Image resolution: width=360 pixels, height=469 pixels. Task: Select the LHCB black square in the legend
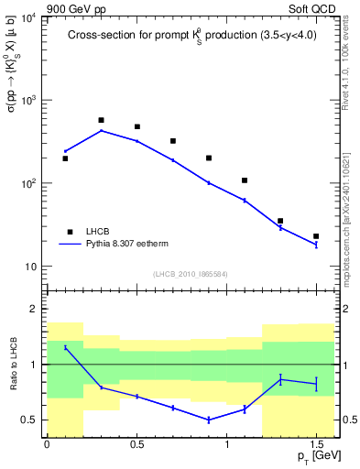(68, 232)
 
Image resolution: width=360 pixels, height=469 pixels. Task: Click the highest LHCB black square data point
(101, 120)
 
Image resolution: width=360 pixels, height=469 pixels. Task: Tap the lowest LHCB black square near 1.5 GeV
(316, 236)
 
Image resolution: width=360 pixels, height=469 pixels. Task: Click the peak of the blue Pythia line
(101, 130)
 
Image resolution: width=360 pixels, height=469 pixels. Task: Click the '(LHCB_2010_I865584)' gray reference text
(190, 274)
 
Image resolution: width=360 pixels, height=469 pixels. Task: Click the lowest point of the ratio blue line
(209, 420)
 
